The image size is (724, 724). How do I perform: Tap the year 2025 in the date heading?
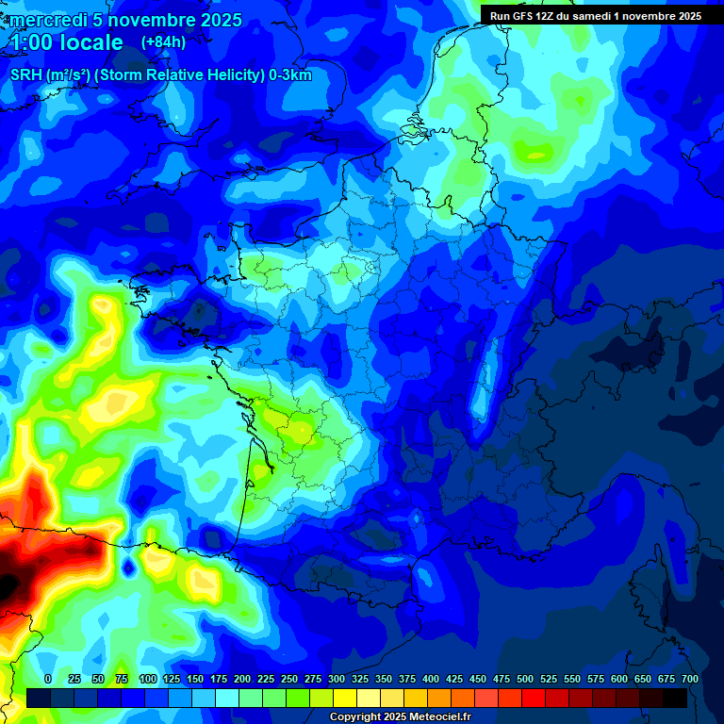tap(216, 20)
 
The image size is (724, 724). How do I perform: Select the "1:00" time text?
tap(29, 42)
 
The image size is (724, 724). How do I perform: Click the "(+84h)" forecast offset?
tap(163, 42)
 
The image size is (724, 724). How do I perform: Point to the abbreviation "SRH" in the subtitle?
tap(25, 75)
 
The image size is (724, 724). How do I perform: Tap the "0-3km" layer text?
tap(290, 75)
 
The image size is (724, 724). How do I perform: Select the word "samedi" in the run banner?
tap(592, 16)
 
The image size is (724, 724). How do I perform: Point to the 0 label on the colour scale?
tap(48, 680)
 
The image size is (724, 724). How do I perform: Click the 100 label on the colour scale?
tap(148, 680)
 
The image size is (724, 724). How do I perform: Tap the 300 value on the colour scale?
tap(337, 680)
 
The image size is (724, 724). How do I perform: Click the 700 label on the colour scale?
tap(689, 680)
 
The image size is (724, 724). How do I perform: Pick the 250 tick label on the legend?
tap(289, 680)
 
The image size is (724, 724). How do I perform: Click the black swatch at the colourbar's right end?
tap(675, 698)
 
